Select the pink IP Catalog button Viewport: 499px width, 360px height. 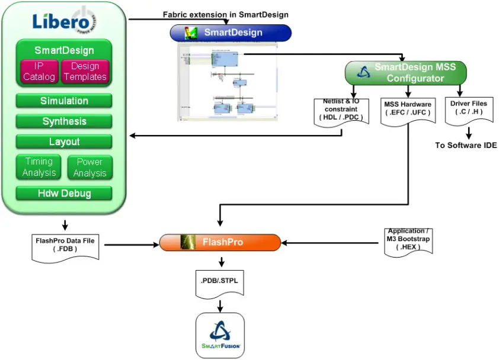click(39, 72)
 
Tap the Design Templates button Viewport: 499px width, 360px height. click(85, 72)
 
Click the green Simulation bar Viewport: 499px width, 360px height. click(64, 101)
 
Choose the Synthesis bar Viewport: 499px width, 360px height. click(64, 121)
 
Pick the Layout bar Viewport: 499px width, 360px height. click(64, 142)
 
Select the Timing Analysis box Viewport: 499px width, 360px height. click(39, 168)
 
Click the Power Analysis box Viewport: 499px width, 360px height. click(89, 168)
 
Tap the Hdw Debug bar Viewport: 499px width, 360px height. click(64, 193)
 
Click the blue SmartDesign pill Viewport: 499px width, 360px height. click(231, 33)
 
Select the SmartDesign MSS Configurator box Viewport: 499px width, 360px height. click(406, 72)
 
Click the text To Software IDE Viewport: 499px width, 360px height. click(466, 145)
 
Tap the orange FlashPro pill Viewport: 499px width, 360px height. click(220, 242)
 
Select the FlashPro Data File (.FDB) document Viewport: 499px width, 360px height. click(65, 246)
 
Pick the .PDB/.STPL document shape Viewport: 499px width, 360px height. click(220, 285)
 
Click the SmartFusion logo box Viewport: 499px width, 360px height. click(220, 335)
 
